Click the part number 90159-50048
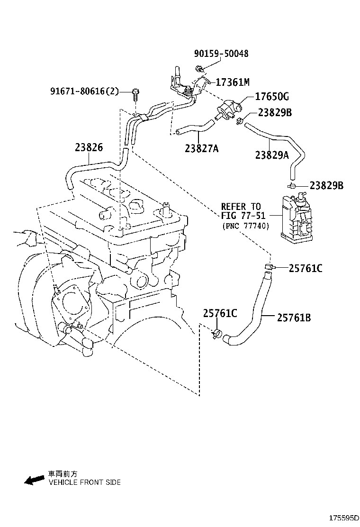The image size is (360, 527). [x=221, y=54]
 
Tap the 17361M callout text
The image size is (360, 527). [x=232, y=82]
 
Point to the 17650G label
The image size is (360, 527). [x=272, y=97]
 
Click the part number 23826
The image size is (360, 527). [x=88, y=147]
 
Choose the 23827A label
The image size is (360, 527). [x=202, y=149]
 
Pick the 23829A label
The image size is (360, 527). [x=272, y=154]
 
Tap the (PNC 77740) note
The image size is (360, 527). [x=245, y=226]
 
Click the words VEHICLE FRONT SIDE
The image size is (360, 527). [x=84, y=482]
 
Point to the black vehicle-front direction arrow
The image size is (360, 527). [x=34, y=480]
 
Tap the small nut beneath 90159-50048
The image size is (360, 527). [x=201, y=70]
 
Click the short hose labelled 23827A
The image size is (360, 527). [x=194, y=127]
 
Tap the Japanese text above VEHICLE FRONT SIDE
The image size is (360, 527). [x=63, y=474]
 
